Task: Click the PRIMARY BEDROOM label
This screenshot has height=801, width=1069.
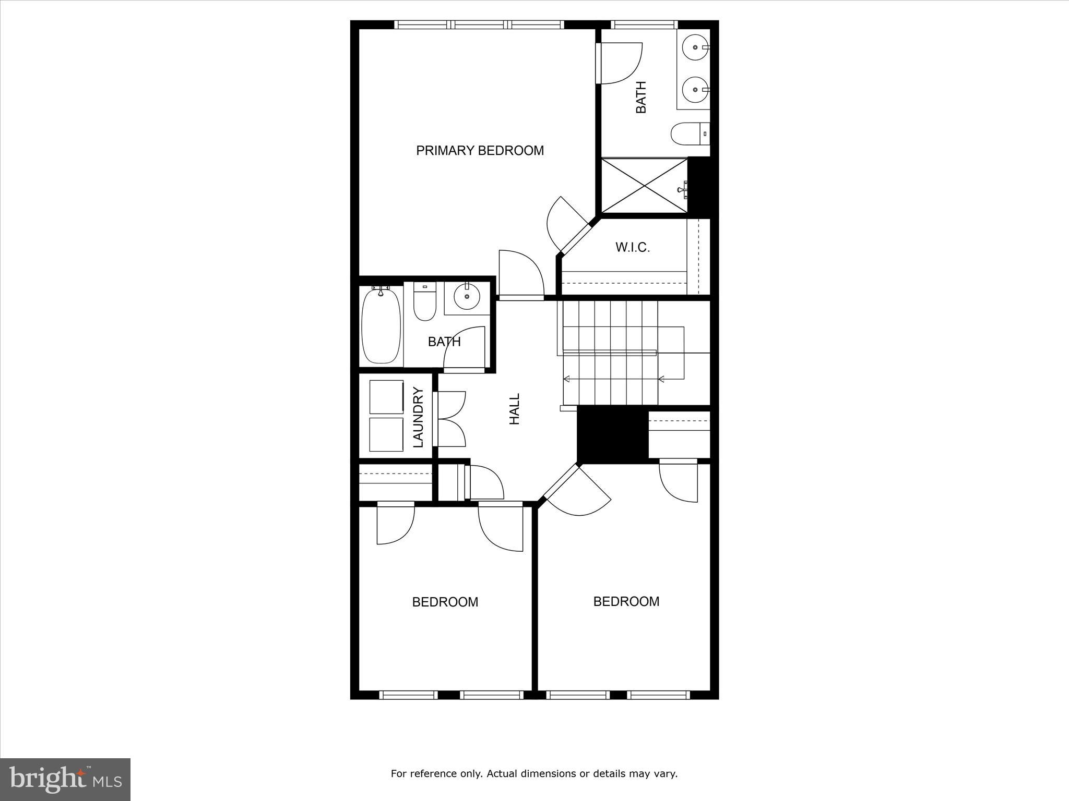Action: point(480,151)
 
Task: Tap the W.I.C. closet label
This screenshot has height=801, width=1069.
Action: point(633,247)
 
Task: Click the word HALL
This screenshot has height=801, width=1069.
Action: point(515,409)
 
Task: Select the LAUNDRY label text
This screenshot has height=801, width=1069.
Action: point(419,417)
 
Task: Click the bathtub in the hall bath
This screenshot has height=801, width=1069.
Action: point(381,326)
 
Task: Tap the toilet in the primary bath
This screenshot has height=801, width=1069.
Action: point(689,134)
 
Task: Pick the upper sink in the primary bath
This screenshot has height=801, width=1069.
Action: point(696,47)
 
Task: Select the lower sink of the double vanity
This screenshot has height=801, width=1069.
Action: point(696,90)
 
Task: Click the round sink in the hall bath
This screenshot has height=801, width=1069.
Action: point(467,297)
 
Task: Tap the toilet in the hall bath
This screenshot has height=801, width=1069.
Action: point(424,302)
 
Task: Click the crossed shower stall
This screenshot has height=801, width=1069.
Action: point(645,186)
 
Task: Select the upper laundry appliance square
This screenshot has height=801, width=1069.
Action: point(386,397)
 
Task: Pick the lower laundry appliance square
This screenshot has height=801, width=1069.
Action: point(386,434)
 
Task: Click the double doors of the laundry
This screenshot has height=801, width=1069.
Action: point(450,419)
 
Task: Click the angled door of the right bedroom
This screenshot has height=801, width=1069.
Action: point(577,490)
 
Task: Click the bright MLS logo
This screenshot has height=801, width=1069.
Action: point(65,779)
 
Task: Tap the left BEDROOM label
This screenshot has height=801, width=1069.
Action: point(445,602)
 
